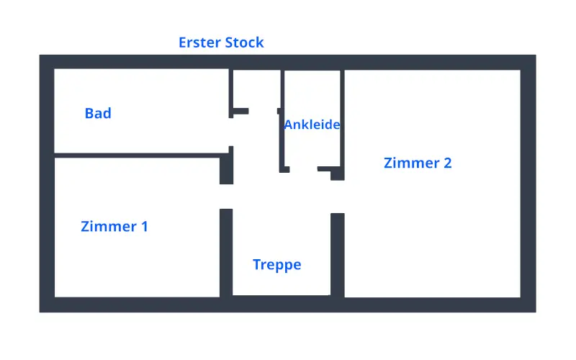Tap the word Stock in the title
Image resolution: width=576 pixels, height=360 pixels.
245,42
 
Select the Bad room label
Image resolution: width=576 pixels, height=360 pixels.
98,113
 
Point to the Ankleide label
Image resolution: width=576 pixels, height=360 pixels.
312,125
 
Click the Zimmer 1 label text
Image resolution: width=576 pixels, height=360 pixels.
114,226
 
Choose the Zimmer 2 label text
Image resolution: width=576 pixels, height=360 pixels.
418,163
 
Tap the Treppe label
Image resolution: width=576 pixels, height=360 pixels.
276,265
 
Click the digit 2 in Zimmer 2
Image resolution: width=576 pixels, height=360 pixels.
447,163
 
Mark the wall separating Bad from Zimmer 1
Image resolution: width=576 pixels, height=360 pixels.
137,155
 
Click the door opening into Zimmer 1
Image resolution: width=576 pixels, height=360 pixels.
226,197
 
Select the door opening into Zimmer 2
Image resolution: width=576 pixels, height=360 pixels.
337,197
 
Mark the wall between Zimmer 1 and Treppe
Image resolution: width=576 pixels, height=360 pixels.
226,252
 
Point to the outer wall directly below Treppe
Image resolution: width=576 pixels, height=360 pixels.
281,304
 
